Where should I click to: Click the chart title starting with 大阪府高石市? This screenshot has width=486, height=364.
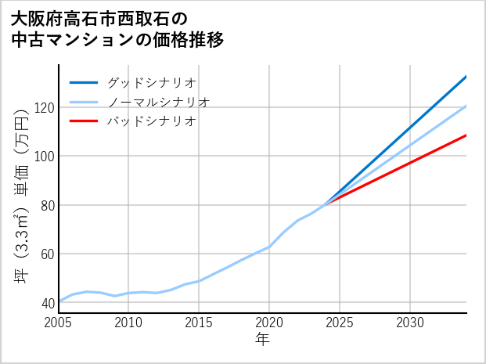[117, 29]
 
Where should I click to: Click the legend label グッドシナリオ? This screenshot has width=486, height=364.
[151, 82]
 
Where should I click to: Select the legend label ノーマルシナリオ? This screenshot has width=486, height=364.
[158, 102]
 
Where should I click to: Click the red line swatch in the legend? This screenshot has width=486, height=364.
[84, 121]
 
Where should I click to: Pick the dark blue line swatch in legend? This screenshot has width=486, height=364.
[84, 82]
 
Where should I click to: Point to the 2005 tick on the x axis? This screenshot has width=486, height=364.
[59, 323]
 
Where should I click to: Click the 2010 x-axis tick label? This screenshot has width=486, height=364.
[129, 323]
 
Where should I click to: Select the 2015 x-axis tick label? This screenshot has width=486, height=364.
[199, 323]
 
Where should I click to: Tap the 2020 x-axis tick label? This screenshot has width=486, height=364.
[269, 323]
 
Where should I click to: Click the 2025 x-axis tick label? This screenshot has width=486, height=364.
[340, 323]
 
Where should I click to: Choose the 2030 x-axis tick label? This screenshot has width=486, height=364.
[410, 323]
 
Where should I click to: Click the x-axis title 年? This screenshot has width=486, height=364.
[262, 340]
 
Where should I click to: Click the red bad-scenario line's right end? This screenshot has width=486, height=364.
[466, 135]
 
